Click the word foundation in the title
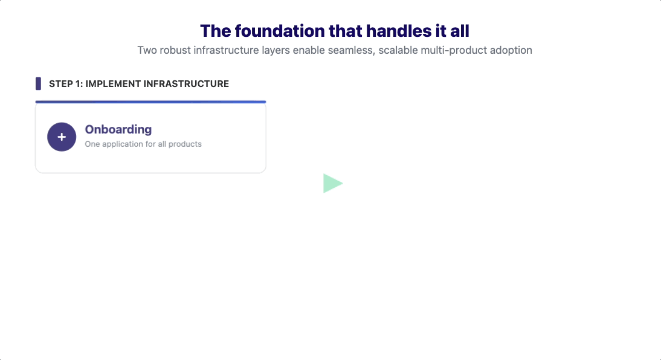click(279, 31)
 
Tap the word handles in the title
click(396, 31)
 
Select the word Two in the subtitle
click(147, 50)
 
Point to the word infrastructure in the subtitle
click(226, 50)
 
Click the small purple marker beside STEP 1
click(38, 83)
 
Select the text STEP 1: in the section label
click(66, 84)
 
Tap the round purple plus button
click(62, 137)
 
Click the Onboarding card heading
click(118, 129)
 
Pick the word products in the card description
click(185, 144)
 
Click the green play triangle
click(332, 184)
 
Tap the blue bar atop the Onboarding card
click(150, 101)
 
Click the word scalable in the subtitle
click(398, 50)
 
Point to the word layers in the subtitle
click(276, 51)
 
